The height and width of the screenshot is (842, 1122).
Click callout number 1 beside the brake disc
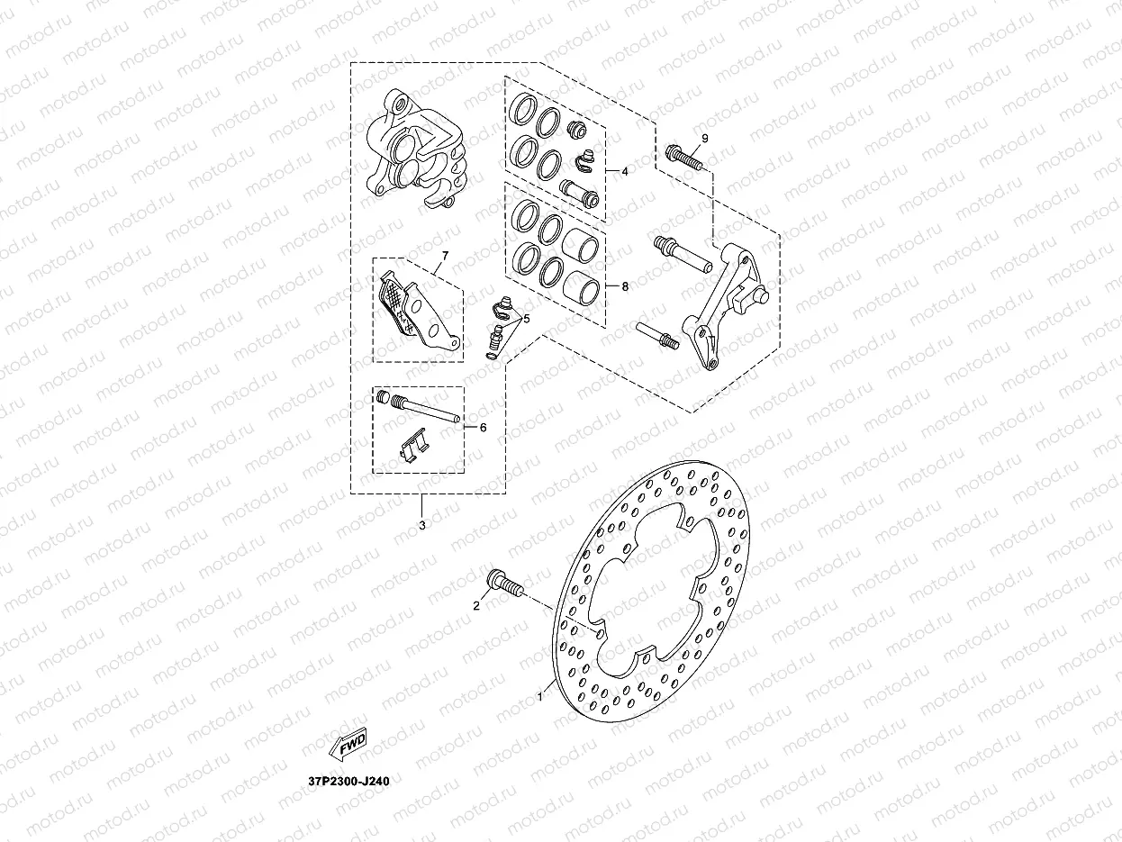[x=539, y=696]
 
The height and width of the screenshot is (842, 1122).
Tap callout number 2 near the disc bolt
[x=477, y=606]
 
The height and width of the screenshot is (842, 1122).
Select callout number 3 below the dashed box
[x=422, y=525]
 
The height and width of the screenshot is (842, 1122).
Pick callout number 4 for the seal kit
[x=625, y=172]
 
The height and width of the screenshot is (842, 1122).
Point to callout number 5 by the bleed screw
[x=527, y=319]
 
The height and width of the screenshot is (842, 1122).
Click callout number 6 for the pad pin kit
[x=483, y=428]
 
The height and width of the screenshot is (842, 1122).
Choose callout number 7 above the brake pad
[x=445, y=256]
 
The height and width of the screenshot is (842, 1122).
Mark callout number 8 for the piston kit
[x=625, y=286]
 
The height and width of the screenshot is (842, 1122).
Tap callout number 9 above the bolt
[x=705, y=139]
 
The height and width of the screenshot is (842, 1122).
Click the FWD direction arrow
[x=348, y=743]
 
